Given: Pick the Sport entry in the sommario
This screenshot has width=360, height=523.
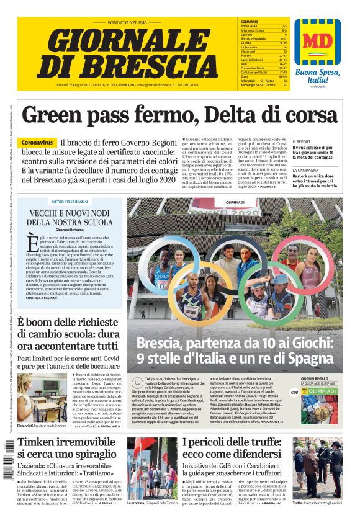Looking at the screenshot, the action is coord(246,76).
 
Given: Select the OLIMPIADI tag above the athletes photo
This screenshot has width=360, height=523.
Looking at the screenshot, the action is coord(235,202).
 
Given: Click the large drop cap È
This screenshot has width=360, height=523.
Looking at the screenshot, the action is coord(32,244).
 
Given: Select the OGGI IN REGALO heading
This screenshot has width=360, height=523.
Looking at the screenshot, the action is coord(314,378).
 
